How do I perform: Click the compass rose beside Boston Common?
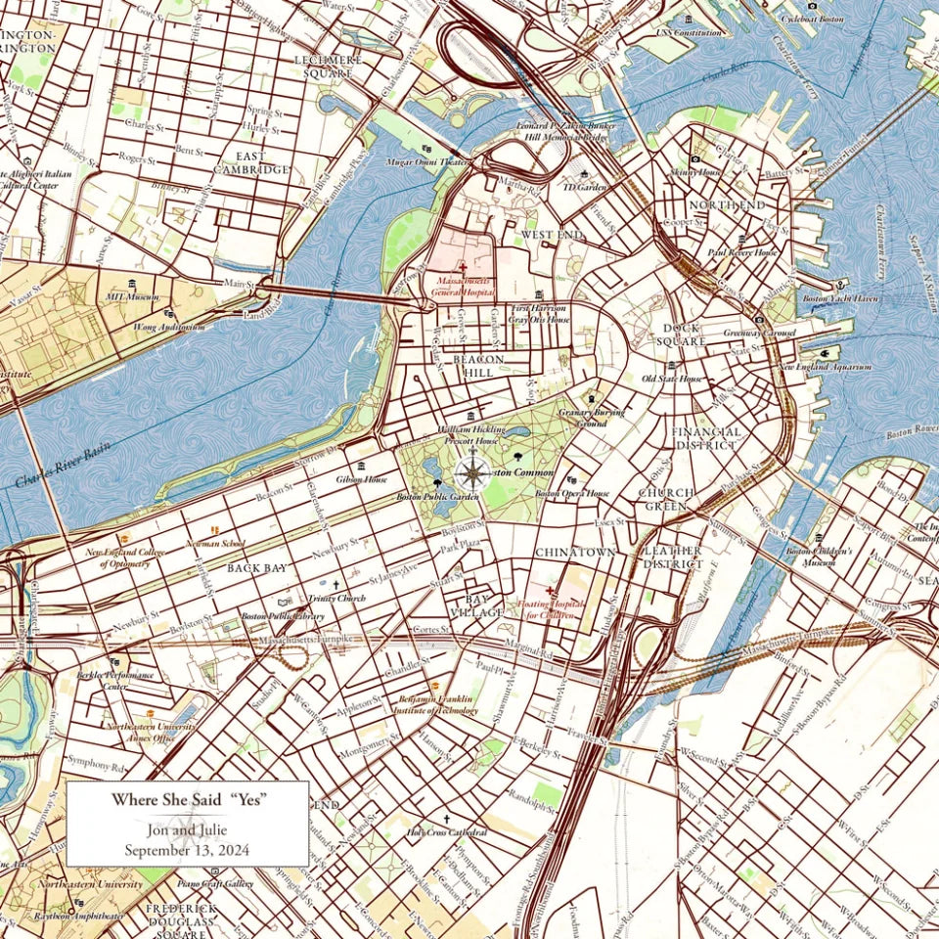tap(473, 473)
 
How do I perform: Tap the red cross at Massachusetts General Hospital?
tap(463, 267)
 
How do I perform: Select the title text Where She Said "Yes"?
tap(189, 799)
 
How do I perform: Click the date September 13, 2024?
tap(187, 850)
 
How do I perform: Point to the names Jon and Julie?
tap(187, 831)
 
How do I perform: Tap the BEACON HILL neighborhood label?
tap(478, 367)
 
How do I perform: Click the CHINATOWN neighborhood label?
tap(575, 553)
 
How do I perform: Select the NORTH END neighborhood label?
tap(727, 205)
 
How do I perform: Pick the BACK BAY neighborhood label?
tap(256, 567)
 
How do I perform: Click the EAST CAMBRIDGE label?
tap(251, 163)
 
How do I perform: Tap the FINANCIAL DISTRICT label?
tap(705, 438)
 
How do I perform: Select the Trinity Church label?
tap(336, 598)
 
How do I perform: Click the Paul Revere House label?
tap(742, 252)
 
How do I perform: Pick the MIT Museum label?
tap(131, 296)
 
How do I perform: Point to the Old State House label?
tap(671, 379)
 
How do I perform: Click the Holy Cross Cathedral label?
tap(447, 832)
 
